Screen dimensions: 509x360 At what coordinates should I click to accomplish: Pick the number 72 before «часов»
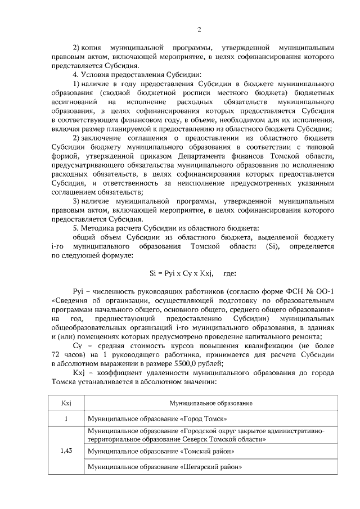click(56, 355)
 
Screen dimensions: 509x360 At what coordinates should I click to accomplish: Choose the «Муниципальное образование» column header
click(211, 403)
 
